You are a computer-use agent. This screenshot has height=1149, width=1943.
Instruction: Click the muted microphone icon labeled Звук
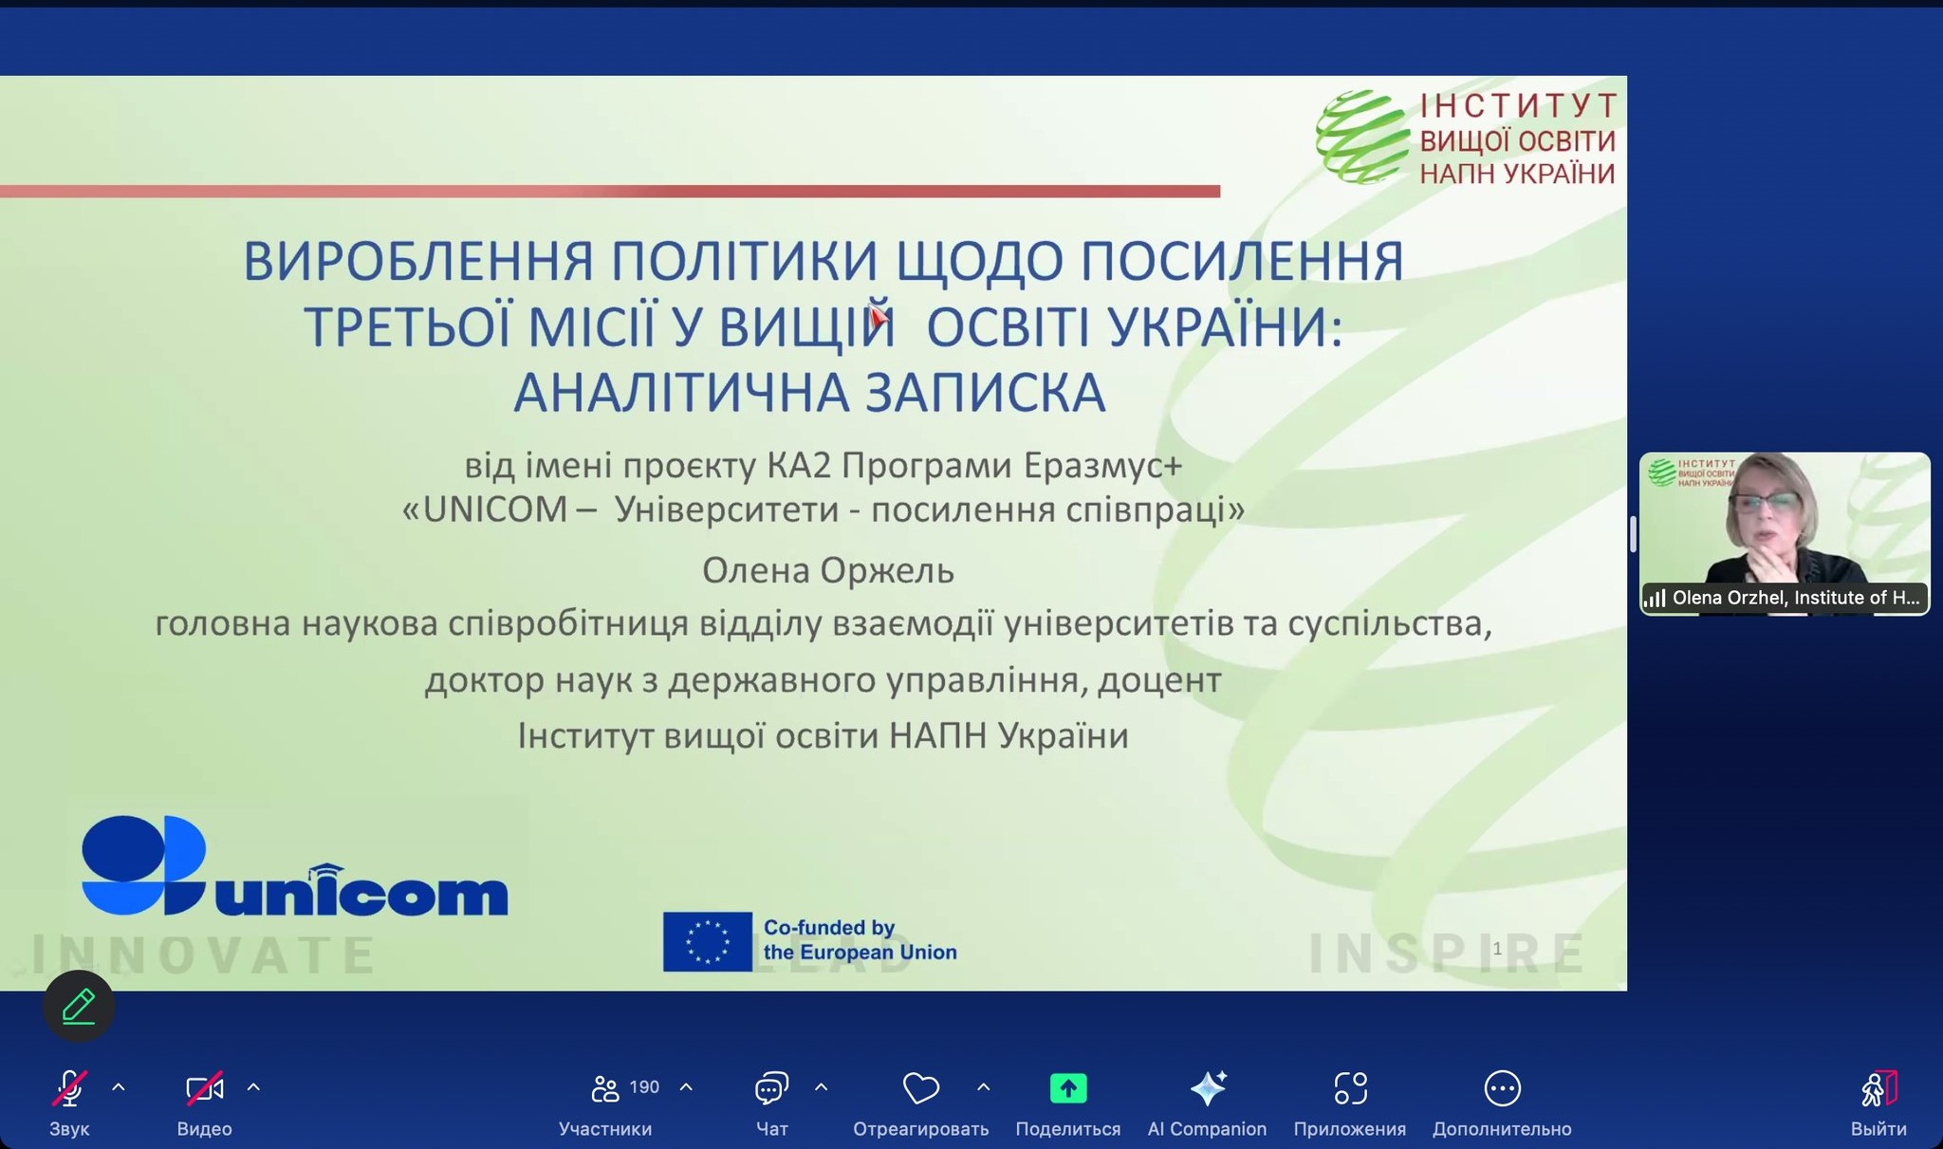point(69,1088)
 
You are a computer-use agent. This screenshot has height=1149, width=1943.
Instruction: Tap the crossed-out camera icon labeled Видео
point(205,1088)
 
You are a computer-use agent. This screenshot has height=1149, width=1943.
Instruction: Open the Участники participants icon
point(604,1088)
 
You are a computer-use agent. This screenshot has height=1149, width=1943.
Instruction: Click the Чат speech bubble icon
point(771,1088)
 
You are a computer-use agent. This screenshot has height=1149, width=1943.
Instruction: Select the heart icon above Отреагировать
point(920,1088)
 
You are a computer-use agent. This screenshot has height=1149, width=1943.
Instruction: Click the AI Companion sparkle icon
point(1208,1088)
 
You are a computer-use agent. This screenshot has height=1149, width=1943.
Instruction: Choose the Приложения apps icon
point(1350,1088)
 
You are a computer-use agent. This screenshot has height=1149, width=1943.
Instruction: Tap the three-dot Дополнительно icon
point(1502,1088)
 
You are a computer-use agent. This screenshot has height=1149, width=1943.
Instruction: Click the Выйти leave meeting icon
point(1878,1088)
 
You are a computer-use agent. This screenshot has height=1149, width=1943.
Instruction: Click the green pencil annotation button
point(79,1006)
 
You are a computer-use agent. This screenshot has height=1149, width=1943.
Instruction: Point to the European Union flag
point(707,941)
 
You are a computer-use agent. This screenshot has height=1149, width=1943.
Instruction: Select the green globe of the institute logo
point(1361,137)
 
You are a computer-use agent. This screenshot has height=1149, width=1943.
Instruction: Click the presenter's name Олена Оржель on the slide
point(827,570)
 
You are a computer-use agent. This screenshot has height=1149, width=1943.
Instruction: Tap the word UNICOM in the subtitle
point(495,510)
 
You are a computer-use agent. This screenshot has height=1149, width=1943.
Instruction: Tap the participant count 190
point(644,1087)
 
